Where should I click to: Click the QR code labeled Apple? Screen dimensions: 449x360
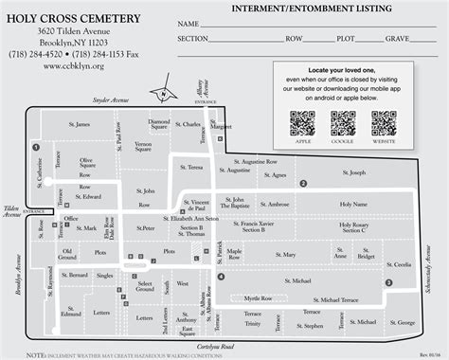coord(302,123)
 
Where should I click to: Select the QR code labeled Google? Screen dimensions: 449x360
coord(343,123)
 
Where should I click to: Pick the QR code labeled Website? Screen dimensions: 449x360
coord(384,123)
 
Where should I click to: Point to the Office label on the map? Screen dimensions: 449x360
coord(71,219)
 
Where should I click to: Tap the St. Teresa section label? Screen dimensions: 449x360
coord(217,167)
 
